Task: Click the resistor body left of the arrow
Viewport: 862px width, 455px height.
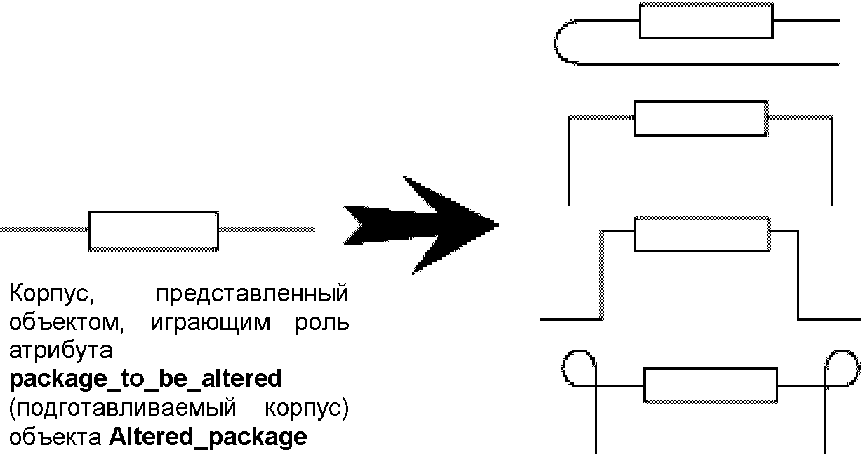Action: coord(153,230)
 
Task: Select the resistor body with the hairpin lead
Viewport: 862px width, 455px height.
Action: coord(705,20)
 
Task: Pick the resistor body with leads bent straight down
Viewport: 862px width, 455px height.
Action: coord(699,117)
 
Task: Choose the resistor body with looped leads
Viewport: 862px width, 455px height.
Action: coord(710,384)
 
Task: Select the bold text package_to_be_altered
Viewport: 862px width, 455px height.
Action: coord(145,379)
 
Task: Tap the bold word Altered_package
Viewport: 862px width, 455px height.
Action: coord(208,437)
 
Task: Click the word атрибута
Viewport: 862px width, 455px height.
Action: coord(58,350)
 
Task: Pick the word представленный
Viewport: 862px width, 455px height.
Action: coord(252,293)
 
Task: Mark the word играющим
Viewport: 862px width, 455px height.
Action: coord(210,322)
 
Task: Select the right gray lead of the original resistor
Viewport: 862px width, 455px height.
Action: coord(266,230)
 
